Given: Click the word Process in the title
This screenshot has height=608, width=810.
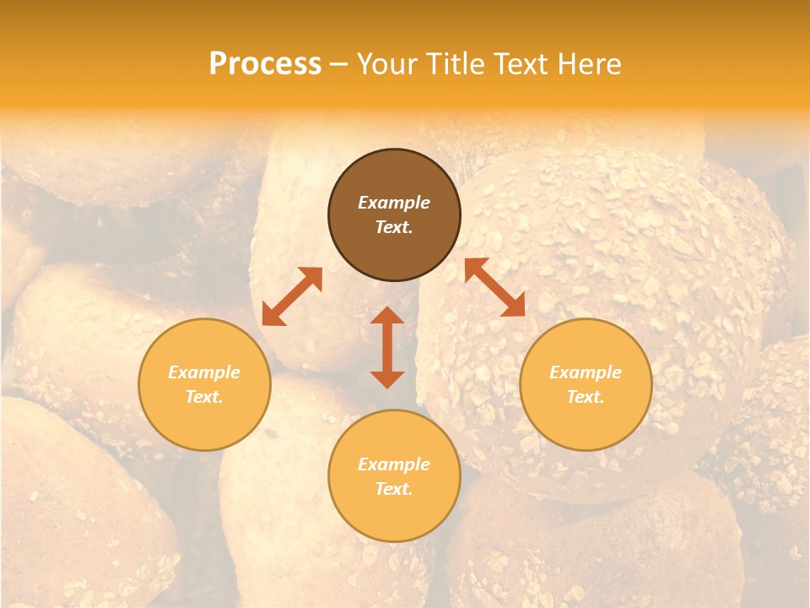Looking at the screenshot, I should coord(265,64).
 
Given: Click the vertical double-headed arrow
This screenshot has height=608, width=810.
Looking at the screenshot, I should coord(387,347).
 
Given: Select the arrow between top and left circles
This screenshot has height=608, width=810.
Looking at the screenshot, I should coord(292,296).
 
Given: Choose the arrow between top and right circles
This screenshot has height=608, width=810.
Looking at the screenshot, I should coord(494,287).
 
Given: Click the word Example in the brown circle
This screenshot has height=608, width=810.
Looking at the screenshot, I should coord(394,203).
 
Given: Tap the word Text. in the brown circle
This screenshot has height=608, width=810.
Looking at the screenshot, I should coord(394,227).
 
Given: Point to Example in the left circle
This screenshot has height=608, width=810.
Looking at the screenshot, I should coord(204,372).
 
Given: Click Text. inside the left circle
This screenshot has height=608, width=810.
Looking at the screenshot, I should coord(204,397).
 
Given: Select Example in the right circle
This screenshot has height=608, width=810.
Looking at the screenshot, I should coord(586,372).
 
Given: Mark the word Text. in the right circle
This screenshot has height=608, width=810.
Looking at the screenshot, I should coord(586,397).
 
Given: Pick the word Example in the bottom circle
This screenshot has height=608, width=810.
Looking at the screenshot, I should coord(394,464).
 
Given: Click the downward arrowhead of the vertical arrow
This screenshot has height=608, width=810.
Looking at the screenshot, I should coord(387,379).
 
